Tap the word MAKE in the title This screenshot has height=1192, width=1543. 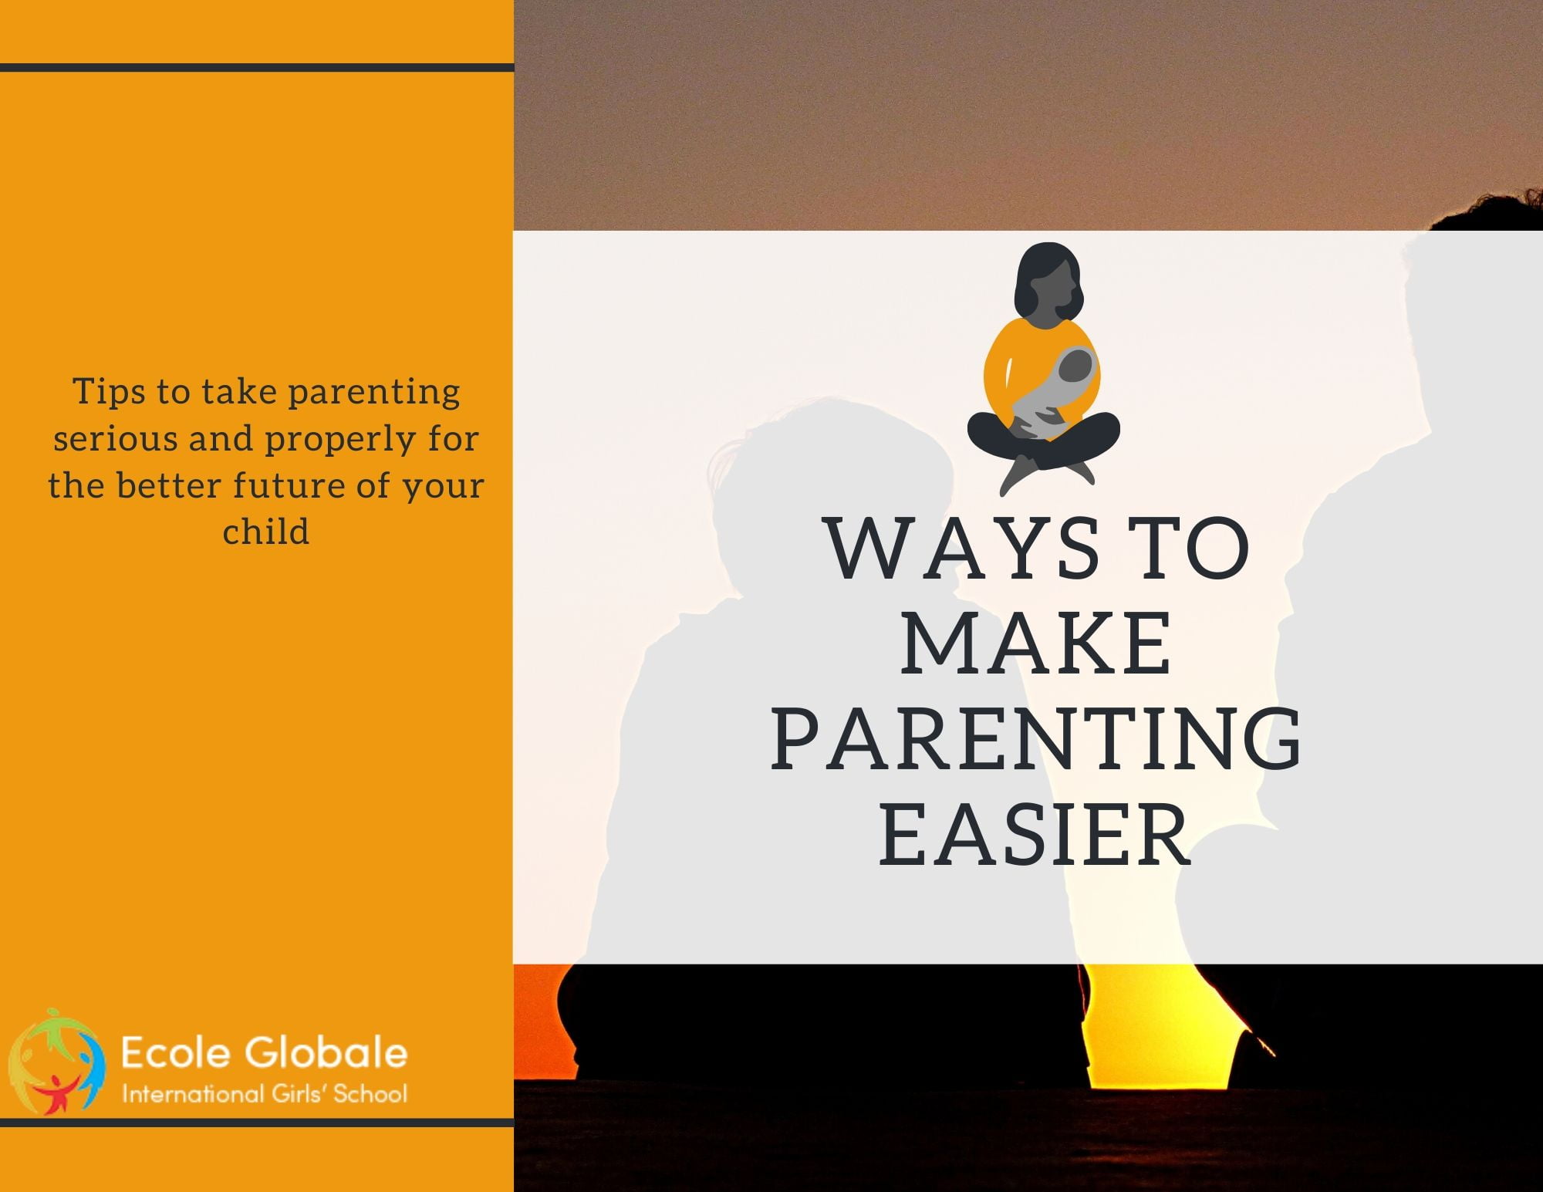click(x=1036, y=643)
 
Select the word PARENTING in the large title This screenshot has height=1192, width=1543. click(x=1036, y=739)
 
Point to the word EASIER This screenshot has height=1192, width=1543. click(x=1035, y=835)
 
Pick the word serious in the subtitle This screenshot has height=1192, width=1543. click(x=115, y=438)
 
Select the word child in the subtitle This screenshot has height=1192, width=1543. click(x=266, y=532)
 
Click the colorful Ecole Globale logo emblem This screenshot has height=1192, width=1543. click(x=56, y=1062)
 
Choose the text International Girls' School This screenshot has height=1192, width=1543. click(x=265, y=1093)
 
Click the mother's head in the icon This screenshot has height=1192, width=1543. click(x=1048, y=282)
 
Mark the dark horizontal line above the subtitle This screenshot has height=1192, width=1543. click(x=257, y=68)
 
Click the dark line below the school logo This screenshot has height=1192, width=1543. click(x=257, y=1123)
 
